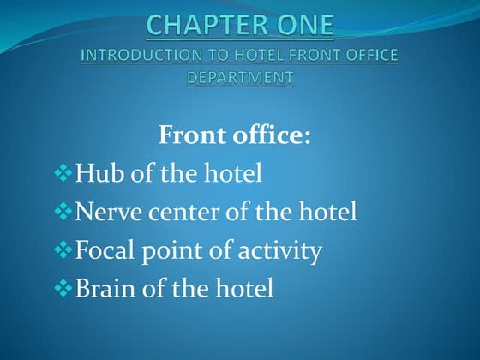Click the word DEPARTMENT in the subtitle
[x=240, y=77]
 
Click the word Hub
[x=96, y=174]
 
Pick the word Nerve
[x=106, y=213]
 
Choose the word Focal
[x=105, y=251]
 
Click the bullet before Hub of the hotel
[x=64, y=175]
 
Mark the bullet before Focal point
[x=64, y=252]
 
